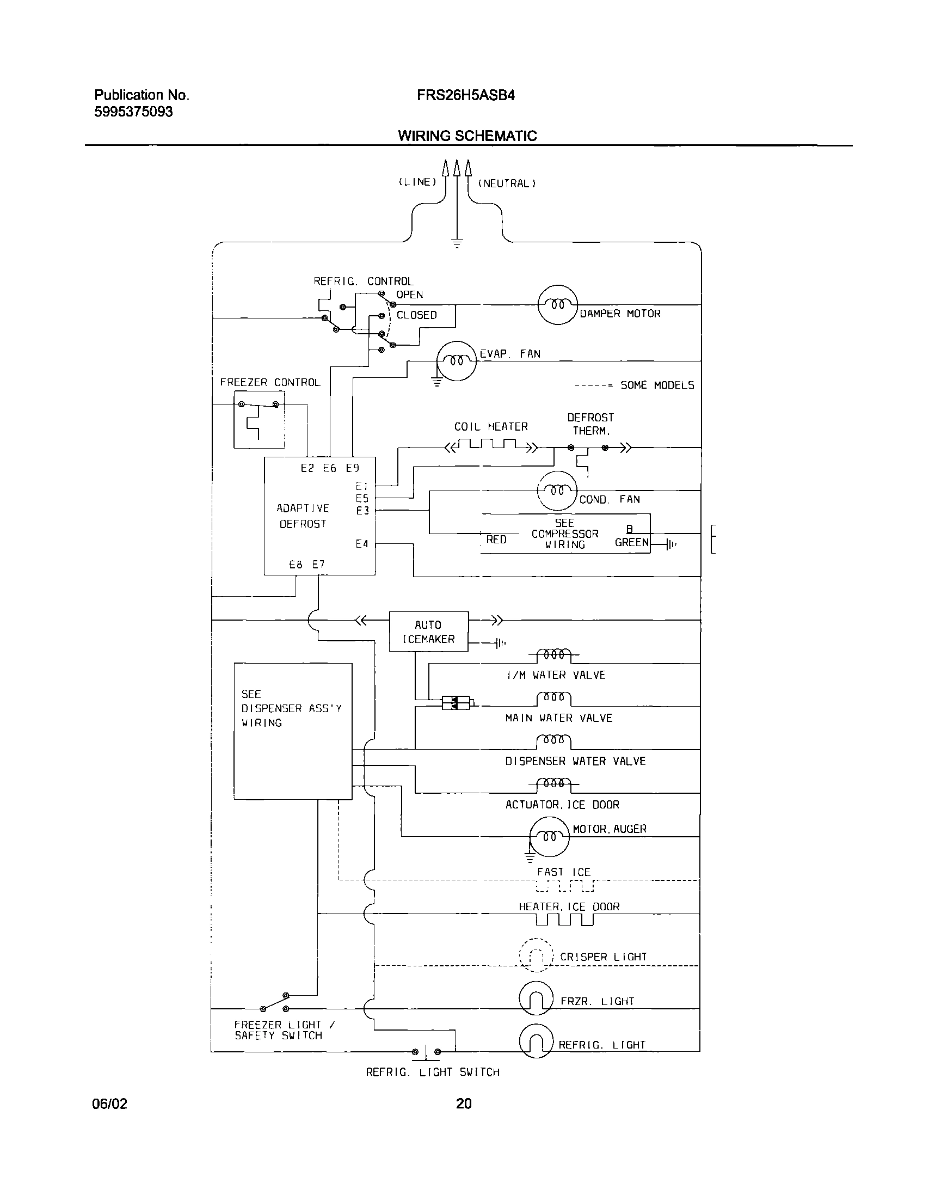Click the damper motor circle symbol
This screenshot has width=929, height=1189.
(x=557, y=304)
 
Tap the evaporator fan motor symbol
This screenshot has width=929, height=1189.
(x=457, y=361)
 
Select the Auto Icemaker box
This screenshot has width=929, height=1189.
(x=428, y=632)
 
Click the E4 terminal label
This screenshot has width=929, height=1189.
(x=362, y=544)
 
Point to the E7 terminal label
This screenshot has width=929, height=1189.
(x=318, y=565)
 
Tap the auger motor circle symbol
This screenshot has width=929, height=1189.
(x=549, y=837)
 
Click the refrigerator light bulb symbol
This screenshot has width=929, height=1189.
(x=537, y=1043)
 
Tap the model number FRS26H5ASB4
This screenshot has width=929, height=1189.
(x=466, y=96)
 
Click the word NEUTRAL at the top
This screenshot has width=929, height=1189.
(x=507, y=184)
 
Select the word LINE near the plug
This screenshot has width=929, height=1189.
(x=417, y=182)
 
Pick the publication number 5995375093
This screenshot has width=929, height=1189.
(x=133, y=112)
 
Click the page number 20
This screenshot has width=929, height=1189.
(x=464, y=1104)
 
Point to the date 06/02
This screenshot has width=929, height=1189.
(x=110, y=1104)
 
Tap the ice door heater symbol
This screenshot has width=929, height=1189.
(x=564, y=920)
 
